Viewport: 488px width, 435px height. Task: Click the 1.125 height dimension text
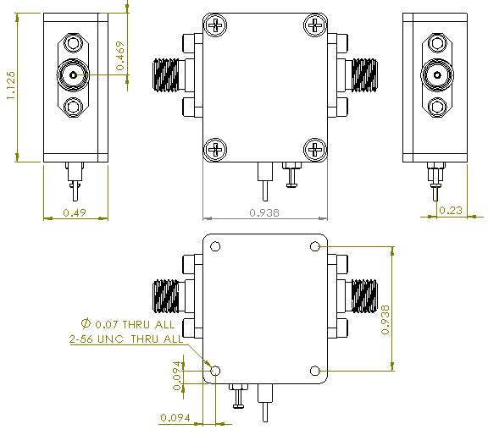(x=10, y=86)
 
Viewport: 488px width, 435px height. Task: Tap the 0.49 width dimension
(x=75, y=213)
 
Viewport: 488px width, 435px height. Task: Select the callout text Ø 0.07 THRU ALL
(x=128, y=323)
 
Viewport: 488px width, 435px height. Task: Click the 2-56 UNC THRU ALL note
(x=125, y=339)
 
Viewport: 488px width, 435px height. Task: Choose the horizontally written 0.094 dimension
(x=175, y=417)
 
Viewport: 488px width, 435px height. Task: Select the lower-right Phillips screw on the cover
(x=316, y=151)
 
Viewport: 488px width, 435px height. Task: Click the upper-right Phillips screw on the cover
(x=316, y=26)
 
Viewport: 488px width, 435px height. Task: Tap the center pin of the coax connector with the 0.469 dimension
(x=74, y=74)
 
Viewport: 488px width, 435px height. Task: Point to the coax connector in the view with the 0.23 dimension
(x=435, y=74)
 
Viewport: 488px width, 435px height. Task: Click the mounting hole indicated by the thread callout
(x=215, y=371)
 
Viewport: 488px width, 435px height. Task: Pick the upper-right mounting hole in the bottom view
(x=315, y=246)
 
